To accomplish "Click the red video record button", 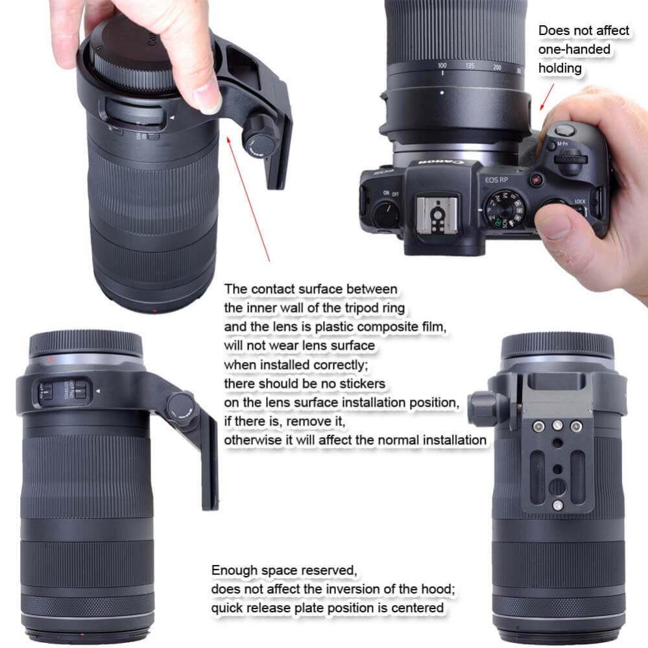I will click(x=536, y=180).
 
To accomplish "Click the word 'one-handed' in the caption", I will click(x=574, y=49).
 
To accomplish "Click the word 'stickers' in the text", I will click(x=362, y=384).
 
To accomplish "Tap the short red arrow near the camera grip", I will click(x=547, y=94).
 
